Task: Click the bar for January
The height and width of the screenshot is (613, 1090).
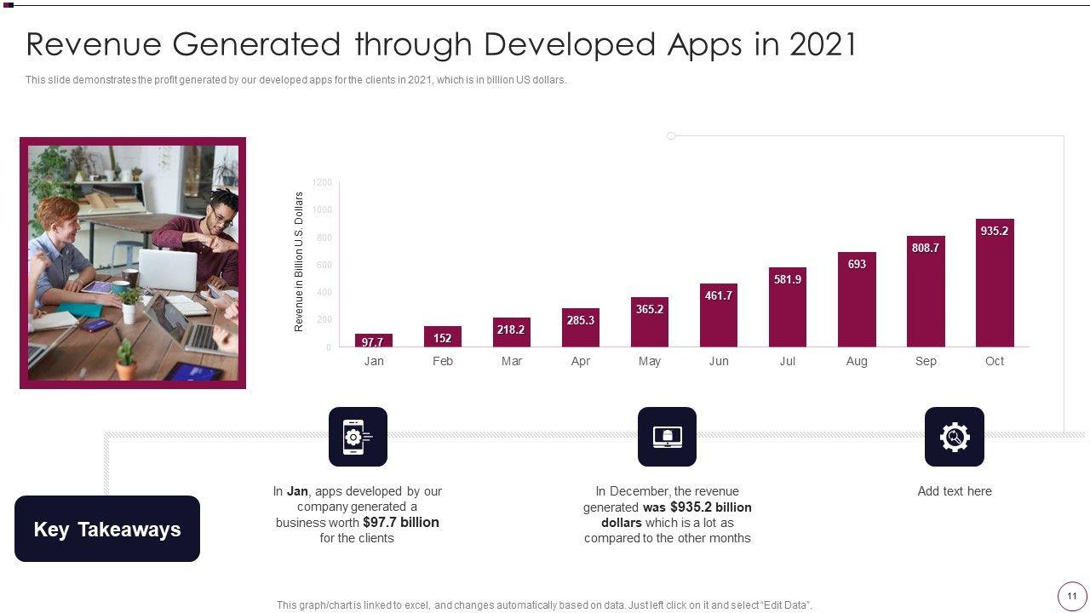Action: [373, 341]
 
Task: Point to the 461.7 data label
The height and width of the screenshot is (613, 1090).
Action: [718, 295]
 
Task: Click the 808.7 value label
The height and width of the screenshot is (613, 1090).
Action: [925, 248]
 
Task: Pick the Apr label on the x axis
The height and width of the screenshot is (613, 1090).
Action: [580, 361]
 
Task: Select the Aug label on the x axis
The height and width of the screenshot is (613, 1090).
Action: [857, 361]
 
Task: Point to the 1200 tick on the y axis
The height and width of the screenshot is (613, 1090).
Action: [322, 182]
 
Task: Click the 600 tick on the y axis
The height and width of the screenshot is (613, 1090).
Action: [324, 265]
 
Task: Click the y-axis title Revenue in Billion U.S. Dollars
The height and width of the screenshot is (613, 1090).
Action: [299, 261]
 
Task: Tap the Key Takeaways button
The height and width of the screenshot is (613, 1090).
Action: [107, 529]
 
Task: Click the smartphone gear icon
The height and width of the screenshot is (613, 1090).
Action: [358, 437]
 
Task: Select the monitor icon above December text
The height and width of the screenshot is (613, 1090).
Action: [667, 437]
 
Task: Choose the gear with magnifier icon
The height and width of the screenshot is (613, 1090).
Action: [954, 437]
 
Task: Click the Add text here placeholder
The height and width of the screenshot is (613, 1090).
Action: [954, 491]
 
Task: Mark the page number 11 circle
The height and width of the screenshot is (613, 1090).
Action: [1072, 596]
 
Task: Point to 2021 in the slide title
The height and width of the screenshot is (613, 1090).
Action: [823, 44]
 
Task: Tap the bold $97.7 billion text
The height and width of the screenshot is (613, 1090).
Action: [401, 522]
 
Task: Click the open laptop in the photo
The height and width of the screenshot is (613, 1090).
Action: [169, 270]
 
